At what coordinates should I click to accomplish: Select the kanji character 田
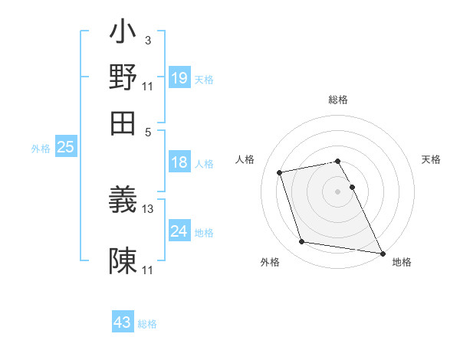coord(123,122)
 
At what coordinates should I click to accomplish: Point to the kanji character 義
coord(123,201)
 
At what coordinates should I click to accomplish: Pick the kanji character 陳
coord(123,261)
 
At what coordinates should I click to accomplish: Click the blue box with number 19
coord(179,78)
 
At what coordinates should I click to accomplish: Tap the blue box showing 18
coord(179,162)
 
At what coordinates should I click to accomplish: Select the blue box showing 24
coord(179,231)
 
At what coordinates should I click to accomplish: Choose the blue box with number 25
coord(65,148)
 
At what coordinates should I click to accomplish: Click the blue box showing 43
coord(122,322)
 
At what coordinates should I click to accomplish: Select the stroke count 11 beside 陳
coord(148,270)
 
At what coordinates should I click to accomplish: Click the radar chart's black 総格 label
coord(338,100)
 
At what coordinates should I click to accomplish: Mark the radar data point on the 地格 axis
coord(382,252)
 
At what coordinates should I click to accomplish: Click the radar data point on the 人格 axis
coord(280,172)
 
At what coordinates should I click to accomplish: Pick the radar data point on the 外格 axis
coord(302,242)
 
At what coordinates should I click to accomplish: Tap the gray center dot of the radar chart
coord(338,191)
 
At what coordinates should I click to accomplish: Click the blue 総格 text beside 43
coord(147,324)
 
